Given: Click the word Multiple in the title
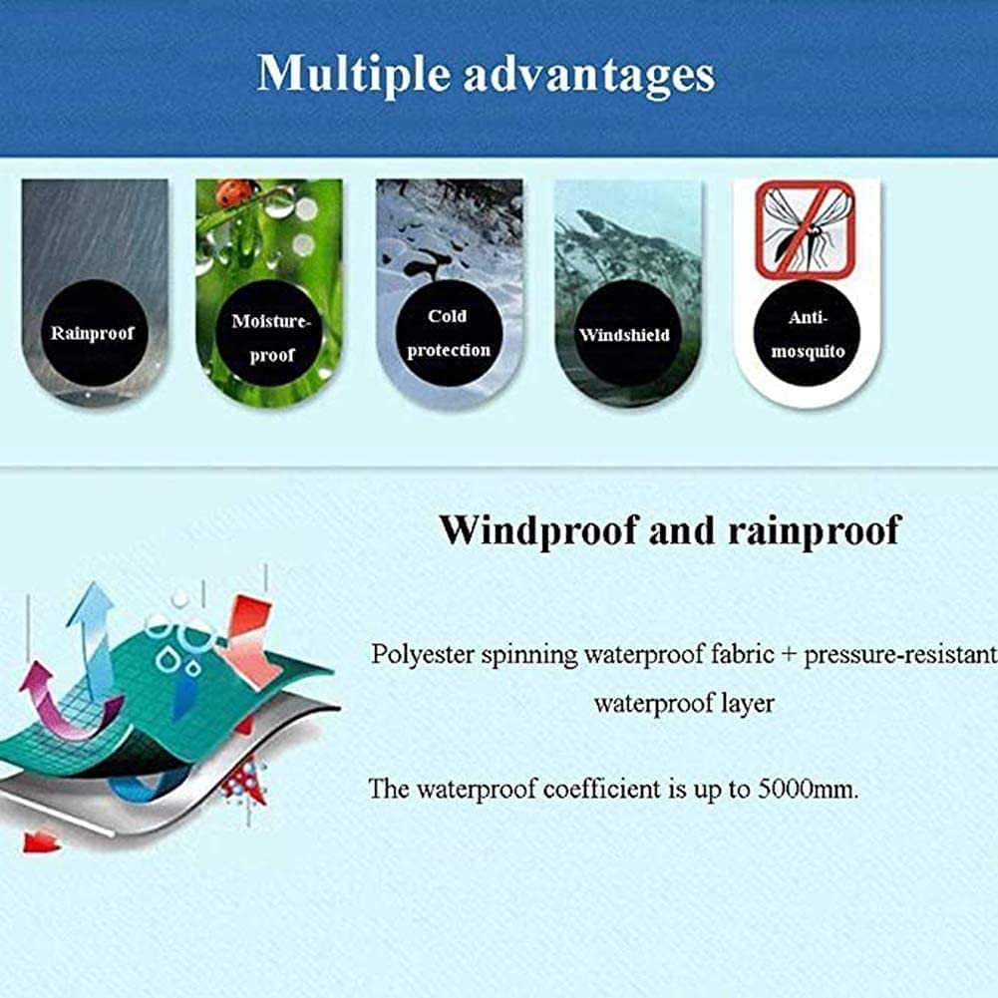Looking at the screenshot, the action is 354,75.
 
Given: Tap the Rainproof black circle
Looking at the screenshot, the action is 94,333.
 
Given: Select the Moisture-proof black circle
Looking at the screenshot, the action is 271,334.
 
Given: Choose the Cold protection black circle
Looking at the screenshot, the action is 449,333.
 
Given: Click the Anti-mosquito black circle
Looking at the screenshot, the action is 807,333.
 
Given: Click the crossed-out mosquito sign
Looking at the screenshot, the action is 805,229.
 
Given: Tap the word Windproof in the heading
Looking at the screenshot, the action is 538,529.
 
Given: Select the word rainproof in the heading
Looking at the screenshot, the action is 815,530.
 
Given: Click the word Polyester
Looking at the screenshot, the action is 423,655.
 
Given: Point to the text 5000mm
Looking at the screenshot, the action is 809,790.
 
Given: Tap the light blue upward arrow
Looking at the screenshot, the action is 94,636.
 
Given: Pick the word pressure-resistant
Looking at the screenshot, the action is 900,656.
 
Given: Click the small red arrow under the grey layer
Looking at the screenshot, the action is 41,842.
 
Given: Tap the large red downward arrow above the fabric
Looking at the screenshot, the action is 249,640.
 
